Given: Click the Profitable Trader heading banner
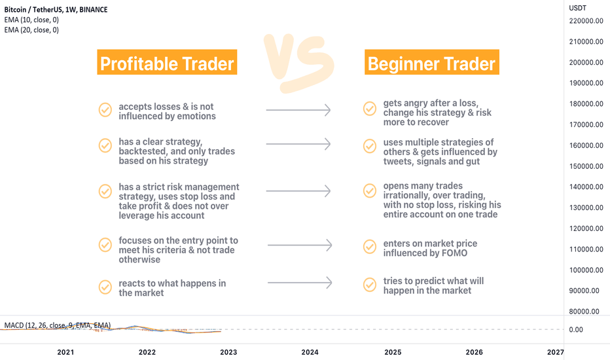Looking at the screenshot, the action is point(167,62).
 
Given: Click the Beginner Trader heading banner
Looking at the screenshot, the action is point(432,62).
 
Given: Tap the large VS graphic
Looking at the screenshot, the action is point(298,63).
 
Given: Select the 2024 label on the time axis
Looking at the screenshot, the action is point(310,352).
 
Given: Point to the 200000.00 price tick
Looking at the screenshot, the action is point(586,62).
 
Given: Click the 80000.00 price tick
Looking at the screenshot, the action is point(584,312).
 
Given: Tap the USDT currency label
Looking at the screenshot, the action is point(577,8).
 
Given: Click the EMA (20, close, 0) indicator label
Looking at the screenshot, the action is point(31,30).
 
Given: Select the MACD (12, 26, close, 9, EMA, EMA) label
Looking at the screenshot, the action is point(58,325).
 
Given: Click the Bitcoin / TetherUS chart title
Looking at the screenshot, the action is point(56,10).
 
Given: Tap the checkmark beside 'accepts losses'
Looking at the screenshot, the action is point(105,110).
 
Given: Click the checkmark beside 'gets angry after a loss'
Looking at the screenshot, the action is point(370,109).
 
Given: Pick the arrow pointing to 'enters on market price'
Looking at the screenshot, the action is point(300,245).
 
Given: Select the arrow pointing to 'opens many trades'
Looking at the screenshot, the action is point(298,191).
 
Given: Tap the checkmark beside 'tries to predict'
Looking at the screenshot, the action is point(370,285).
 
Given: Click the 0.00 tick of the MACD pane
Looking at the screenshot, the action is point(576,330).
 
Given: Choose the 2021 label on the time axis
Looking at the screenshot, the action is point(65,352).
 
